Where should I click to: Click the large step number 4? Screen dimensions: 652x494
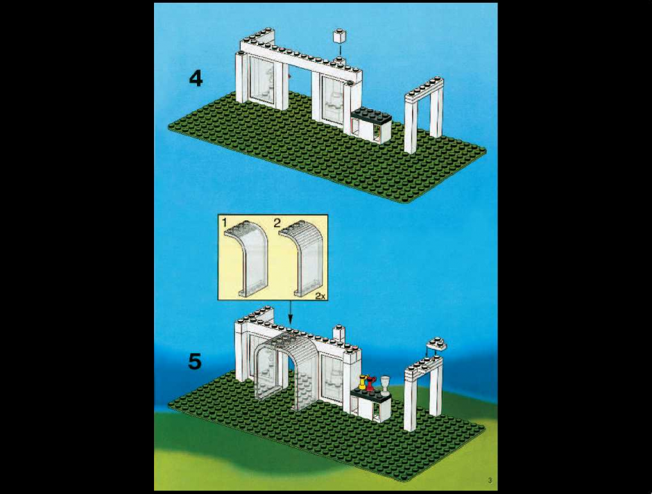pos(196,79)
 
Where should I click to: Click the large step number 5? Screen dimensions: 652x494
pos(195,361)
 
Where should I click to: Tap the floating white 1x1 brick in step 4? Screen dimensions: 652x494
pos(340,36)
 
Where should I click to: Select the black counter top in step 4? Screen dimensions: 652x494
pos(370,115)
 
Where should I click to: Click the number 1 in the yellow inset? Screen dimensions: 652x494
pos(225,223)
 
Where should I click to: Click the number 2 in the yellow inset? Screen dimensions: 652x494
pos(277,223)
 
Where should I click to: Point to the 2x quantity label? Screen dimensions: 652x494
pos(320,296)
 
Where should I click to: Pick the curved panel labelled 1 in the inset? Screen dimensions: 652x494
pos(246,259)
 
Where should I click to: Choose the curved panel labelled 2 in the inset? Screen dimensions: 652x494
pos(301,259)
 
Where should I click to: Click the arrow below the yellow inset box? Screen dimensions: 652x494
pos(290,313)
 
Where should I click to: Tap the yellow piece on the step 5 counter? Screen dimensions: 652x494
pos(363,382)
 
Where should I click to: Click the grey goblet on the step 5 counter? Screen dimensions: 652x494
pos(386,384)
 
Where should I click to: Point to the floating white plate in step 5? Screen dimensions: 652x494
pos(436,343)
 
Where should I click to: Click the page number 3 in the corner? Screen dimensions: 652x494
pos(490,480)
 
